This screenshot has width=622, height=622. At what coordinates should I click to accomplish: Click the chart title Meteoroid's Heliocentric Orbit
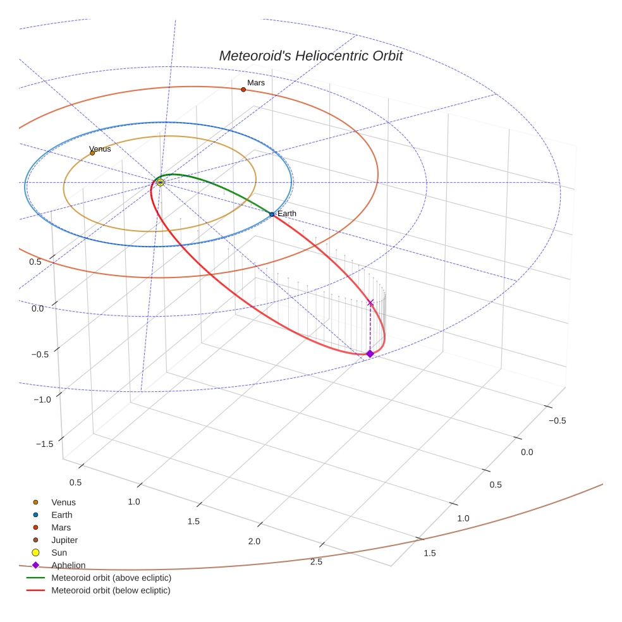coord(310,56)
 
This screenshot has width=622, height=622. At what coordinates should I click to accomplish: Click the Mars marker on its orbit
coord(243,90)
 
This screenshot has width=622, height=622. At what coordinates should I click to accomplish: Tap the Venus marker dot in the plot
coord(92,153)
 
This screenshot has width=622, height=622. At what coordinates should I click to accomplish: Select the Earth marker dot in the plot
coord(272,215)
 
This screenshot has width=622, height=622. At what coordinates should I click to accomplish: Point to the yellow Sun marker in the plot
coord(160,182)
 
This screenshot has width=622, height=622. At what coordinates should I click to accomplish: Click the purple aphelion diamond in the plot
coord(370,353)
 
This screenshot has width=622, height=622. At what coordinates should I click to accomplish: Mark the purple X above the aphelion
coord(370,303)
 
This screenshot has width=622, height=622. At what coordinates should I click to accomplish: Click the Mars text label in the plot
coord(256,83)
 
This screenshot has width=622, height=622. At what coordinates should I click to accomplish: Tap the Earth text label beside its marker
coord(286,214)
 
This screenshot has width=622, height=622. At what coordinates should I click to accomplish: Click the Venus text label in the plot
coord(100,149)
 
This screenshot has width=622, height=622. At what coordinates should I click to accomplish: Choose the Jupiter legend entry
coord(64,540)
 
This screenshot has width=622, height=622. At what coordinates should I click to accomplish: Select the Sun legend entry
coord(60,552)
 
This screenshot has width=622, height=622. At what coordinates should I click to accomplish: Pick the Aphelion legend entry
coord(68,565)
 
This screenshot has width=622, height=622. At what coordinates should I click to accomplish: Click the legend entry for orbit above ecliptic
coord(111,578)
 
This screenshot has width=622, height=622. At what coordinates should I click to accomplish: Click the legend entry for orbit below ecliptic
coord(111,590)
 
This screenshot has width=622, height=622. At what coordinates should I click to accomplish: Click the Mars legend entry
coord(61,527)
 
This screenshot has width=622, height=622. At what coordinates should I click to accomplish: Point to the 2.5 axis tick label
coord(316,562)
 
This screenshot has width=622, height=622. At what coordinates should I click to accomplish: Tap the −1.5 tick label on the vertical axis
coord(44,444)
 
